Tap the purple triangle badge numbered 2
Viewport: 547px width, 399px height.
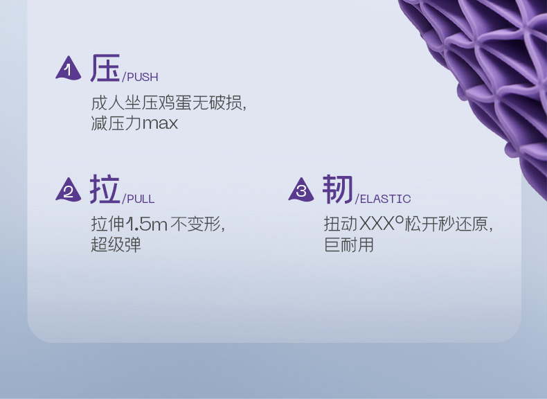click(x=68, y=190)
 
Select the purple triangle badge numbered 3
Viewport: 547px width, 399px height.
click(x=301, y=190)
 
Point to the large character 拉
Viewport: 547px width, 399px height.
click(x=105, y=189)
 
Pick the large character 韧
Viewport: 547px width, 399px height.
click(x=338, y=189)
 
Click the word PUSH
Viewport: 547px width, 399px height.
click(x=142, y=77)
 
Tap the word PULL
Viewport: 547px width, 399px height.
click(x=141, y=199)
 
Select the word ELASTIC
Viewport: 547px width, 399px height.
click(x=385, y=199)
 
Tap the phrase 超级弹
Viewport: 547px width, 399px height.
click(x=116, y=245)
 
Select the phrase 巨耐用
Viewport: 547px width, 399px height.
click(x=349, y=245)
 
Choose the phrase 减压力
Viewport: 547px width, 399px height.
click(x=116, y=124)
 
